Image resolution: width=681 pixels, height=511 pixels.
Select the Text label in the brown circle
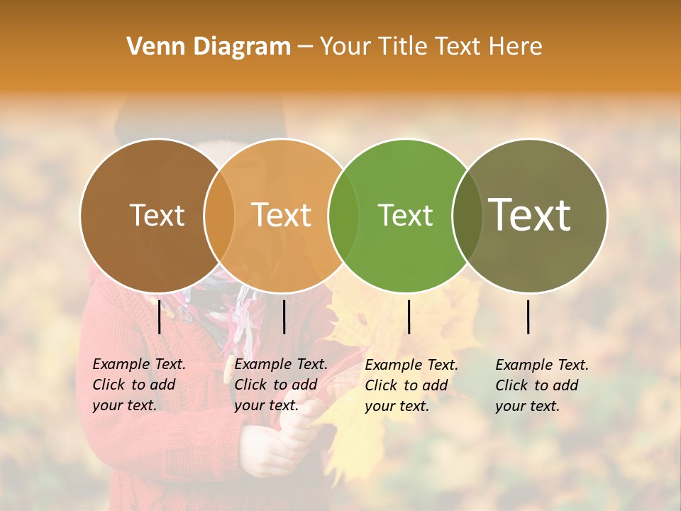(157, 215)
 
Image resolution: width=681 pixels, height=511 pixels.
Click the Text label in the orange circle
(281, 215)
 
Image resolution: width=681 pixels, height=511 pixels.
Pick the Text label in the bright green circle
(405, 215)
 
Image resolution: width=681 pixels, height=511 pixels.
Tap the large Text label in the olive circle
(530, 215)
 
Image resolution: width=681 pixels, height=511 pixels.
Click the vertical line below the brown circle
(160, 317)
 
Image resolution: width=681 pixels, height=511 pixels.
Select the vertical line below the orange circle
(284, 317)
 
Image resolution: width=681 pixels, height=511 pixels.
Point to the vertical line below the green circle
(409, 317)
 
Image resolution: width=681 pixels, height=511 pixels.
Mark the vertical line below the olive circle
(528, 317)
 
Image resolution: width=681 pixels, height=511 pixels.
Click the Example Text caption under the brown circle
(138, 384)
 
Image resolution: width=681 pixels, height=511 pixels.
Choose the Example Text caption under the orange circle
(280, 384)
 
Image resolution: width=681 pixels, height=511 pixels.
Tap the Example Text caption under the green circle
(411, 385)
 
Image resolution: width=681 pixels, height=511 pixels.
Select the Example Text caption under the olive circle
(541, 385)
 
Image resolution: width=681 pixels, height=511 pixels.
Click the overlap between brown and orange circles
(218, 215)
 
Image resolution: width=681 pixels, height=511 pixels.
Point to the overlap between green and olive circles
(467, 215)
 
